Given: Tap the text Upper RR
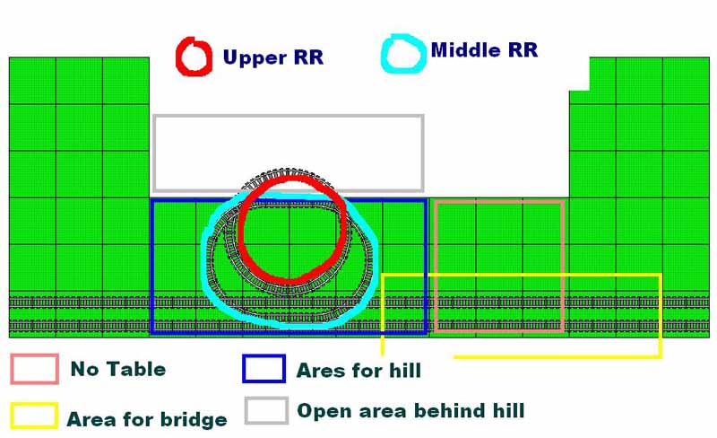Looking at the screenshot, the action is pyautogui.click(x=273, y=57).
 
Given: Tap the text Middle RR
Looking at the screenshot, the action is pyautogui.click(x=484, y=50).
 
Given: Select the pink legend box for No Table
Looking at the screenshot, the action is pyautogui.click(x=12, y=369).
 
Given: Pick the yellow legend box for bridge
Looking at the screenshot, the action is pyautogui.click(x=12, y=416).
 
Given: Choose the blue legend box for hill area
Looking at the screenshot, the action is pyautogui.click(x=244, y=368).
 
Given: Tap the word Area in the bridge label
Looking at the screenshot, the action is pyautogui.click(x=91, y=419).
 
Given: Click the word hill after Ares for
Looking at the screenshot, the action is pyautogui.click(x=405, y=370).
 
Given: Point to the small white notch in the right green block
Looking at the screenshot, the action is pyautogui.click(x=579, y=74).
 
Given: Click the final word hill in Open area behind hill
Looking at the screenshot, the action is pyautogui.click(x=508, y=410).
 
